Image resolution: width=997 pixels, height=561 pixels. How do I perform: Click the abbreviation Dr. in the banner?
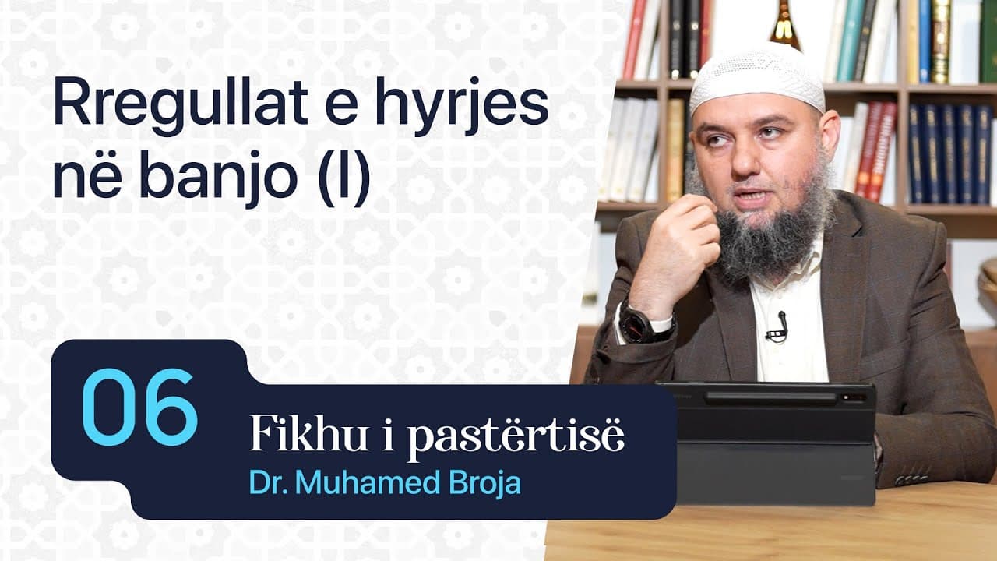click(x=265, y=482)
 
